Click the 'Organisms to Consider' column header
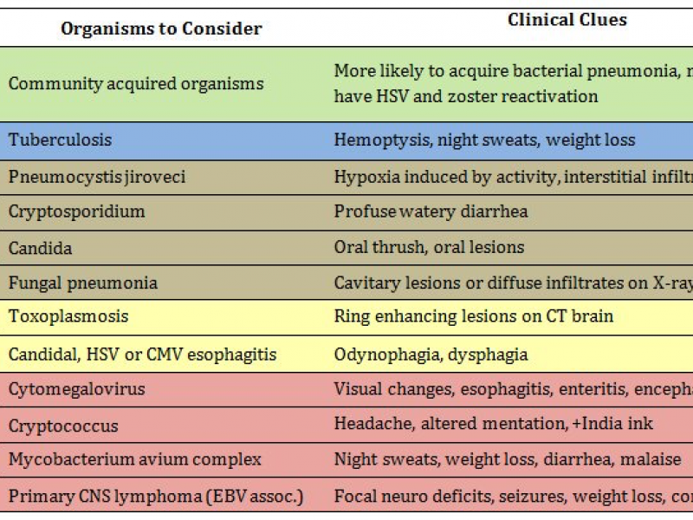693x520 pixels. click(x=161, y=29)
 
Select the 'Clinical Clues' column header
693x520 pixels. click(x=567, y=20)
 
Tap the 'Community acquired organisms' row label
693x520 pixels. click(x=136, y=84)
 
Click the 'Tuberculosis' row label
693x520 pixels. click(x=61, y=140)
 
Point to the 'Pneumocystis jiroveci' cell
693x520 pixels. click(x=97, y=177)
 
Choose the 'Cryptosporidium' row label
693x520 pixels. click(x=77, y=211)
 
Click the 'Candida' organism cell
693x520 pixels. click(x=41, y=248)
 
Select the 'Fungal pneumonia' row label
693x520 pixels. click(x=83, y=283)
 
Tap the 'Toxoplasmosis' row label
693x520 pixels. click(x=68, y=316)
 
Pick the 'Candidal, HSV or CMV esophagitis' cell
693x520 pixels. click(x=142, y=354)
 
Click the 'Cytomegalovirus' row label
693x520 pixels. click(x=77, y=389)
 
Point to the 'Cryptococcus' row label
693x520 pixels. click(x=63, y=426)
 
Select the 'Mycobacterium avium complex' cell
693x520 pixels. click(x=135, y=459)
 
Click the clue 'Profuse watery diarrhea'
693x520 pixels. click(x=431, y=211)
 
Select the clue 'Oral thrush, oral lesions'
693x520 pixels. click(x=429, y=248)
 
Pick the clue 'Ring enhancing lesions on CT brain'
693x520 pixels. click(x=474, y=316)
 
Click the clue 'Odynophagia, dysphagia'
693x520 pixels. click(x=431, y=354)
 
